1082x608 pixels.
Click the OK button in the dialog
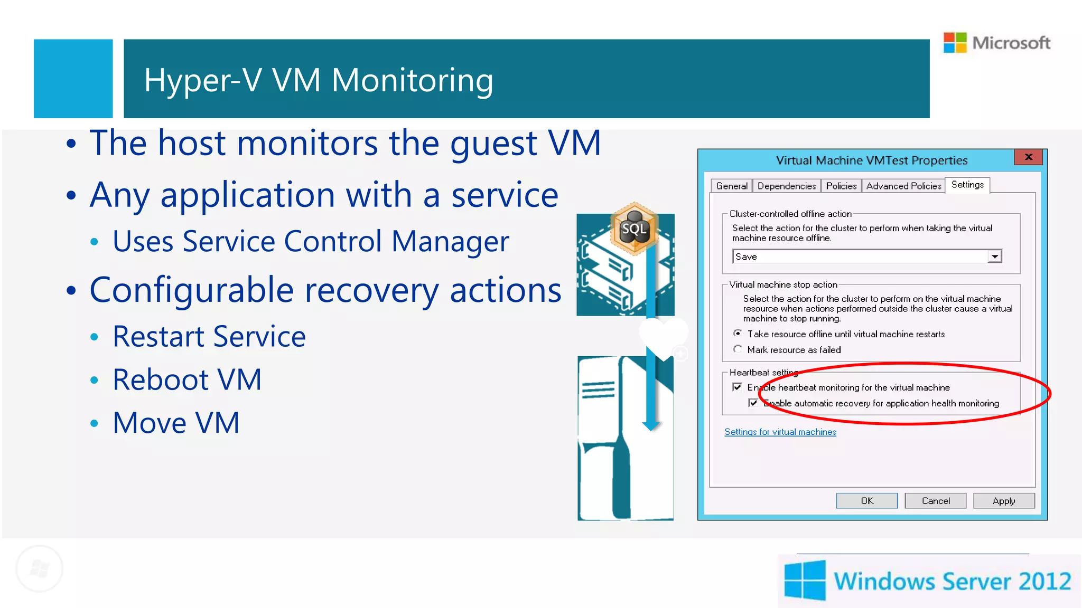coord(866,500)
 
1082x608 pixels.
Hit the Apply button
coord(1003,500)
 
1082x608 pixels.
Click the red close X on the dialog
coord(1028,157)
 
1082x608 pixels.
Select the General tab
coord(731,186)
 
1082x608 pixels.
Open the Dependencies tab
coord(786,186)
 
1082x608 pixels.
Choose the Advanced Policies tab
coord(903,186)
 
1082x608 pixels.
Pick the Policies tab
coord(841,186)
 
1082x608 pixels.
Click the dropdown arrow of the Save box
coord(994,256)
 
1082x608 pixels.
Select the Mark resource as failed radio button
coord(738,349)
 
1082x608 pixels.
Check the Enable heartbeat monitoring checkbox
coord(737,387)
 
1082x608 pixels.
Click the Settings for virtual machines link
coord(780,432)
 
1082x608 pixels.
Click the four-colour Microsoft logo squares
coord(955,42)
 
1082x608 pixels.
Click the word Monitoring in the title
coord(412,80)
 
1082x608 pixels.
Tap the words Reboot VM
coord(187,379)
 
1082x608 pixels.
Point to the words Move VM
coord(176,423)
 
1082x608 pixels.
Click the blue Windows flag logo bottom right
coord(805,581)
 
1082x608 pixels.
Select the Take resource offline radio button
coord(738,334)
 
